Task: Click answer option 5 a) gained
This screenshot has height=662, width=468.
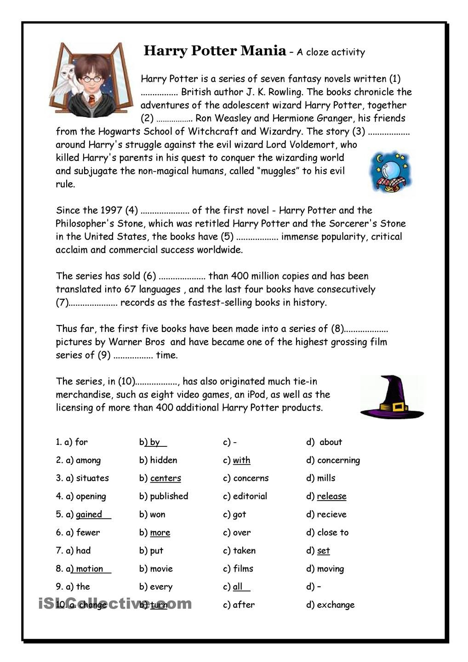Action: click(x=89, y=514)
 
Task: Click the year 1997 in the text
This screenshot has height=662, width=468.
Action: click(x=111, y=211)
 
